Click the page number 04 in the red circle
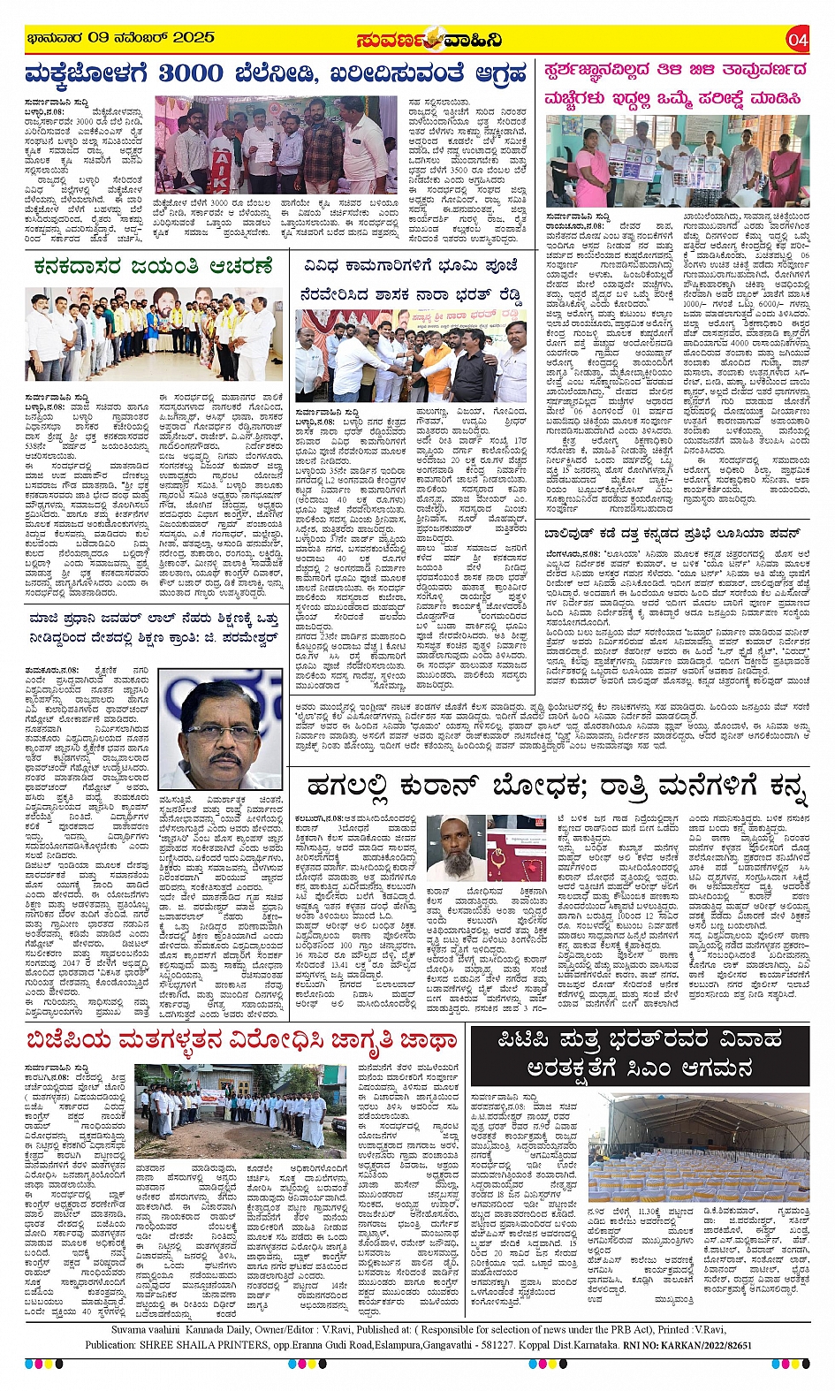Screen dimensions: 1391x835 [x=798, y=39]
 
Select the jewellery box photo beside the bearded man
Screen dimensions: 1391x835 [x=516, y=852]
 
